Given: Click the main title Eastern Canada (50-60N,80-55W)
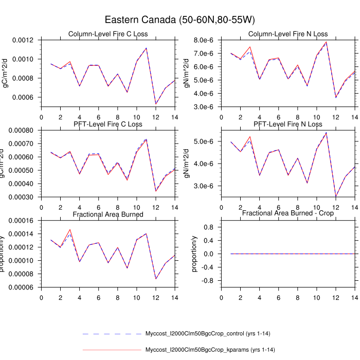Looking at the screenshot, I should coord(180,20).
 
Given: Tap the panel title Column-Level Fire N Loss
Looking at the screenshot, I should coord(288,34).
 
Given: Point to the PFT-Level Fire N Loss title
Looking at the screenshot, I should coord(288,124).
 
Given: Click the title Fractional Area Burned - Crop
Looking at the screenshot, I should coord(288,213).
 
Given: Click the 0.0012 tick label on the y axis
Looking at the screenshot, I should coord(22,40).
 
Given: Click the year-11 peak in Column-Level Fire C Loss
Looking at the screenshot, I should coord(146,48).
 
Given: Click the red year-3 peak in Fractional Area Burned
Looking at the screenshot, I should coord(69,229).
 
